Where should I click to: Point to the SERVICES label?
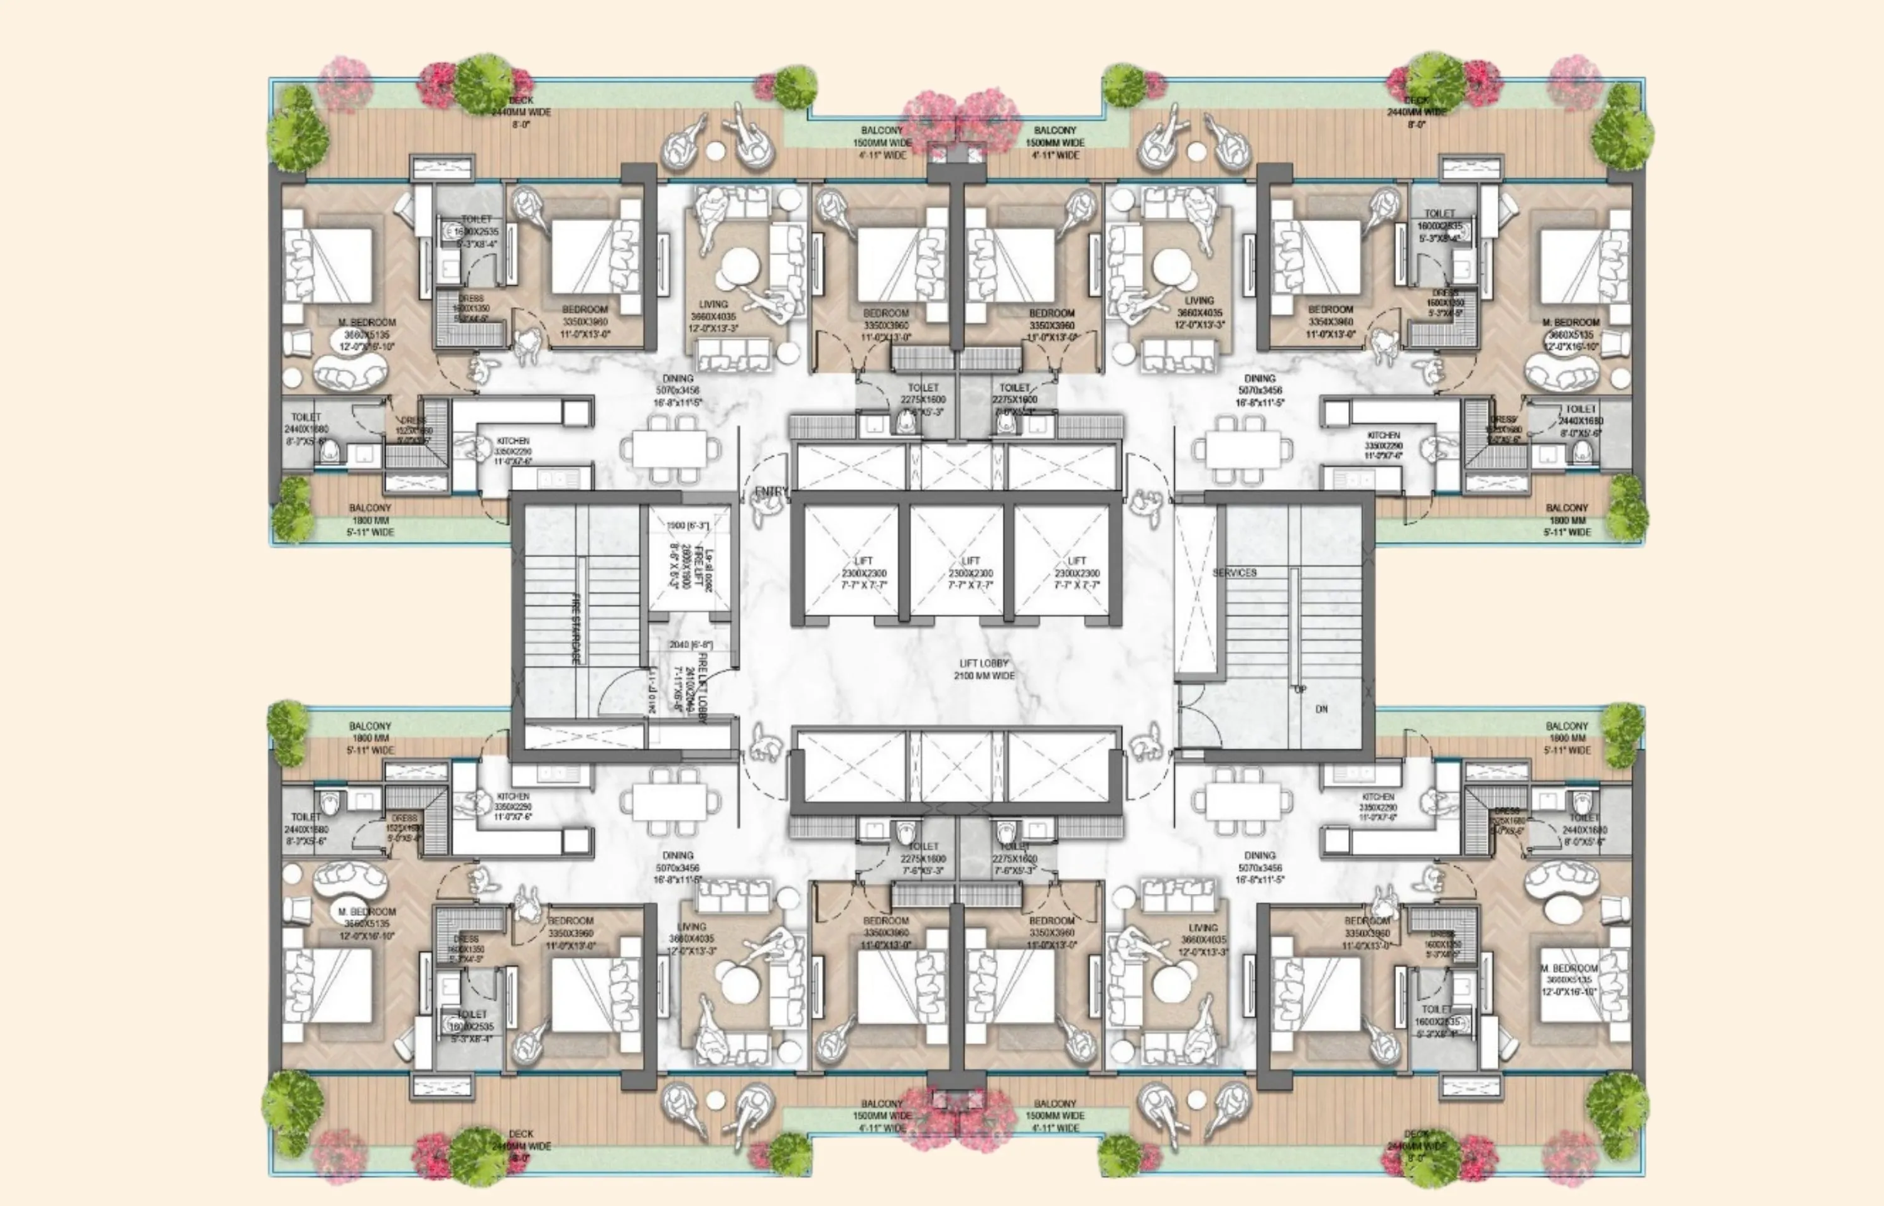1235,572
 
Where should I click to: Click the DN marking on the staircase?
1321,709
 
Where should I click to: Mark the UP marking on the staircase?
1300,690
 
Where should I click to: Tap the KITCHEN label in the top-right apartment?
1383,435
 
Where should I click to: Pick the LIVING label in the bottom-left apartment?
691,926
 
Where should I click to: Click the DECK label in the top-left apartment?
521,100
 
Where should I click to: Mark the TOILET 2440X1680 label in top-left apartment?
305,423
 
